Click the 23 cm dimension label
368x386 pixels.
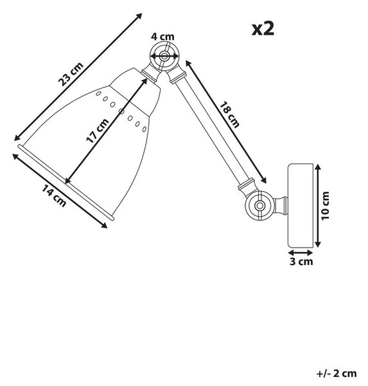(x=71, y=75)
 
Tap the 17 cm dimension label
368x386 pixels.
(x=98, y=131)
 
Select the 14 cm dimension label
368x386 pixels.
(x=54, y=196)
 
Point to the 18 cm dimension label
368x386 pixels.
(x=229, y=115)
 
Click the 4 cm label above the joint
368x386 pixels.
(x=162, y=37)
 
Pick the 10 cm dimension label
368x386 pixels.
(x=325, y=206)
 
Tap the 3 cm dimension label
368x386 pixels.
(x=301, y=261)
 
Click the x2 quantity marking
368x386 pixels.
(x=263, y=29)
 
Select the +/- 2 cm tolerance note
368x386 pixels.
(x=337, y=373)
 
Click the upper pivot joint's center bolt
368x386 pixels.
(x=164, y=57)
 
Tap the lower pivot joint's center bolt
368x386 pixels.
(x=259, y=205)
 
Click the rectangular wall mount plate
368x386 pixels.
(x=301, y=205)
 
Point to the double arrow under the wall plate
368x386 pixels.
(x=301, y=253)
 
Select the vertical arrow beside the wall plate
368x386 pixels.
(x=318, y=206)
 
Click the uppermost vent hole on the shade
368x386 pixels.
(x=98, y=93)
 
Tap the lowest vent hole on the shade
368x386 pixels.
(x=145, y=129)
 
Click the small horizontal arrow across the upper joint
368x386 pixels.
(x=164, y=57)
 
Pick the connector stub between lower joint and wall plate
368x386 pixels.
(x=281, y=205)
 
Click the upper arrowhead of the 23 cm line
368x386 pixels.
(x=139, y=15)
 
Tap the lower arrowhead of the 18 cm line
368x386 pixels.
(x=263, y=180)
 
